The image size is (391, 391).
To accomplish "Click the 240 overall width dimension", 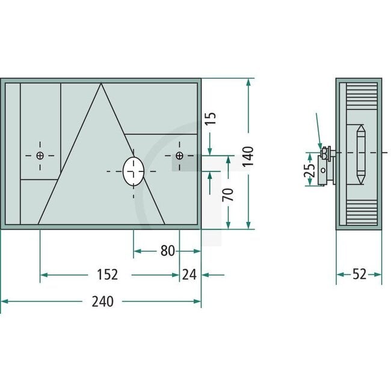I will pos(103,302).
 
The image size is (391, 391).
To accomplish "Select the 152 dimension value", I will pos(106,275).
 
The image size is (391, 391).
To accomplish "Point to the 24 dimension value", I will pos(189,275).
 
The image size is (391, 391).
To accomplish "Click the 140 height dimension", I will pos(248,156).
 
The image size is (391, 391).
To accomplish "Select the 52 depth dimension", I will pos(360,275).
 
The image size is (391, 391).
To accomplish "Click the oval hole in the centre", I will pos(133,171).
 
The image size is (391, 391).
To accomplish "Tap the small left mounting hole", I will pos(40,156).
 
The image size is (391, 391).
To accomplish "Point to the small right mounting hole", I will pos(179,156).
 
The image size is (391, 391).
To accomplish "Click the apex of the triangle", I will pos(100,84).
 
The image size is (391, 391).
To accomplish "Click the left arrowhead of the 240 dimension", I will pos(4,302).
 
